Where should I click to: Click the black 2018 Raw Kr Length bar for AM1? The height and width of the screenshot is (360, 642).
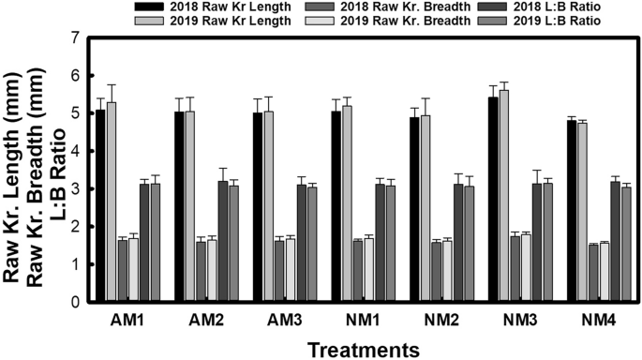[100, 206]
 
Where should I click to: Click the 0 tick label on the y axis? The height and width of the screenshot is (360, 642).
[72, 303]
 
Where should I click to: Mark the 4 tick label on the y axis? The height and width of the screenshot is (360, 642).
[72, 152]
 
